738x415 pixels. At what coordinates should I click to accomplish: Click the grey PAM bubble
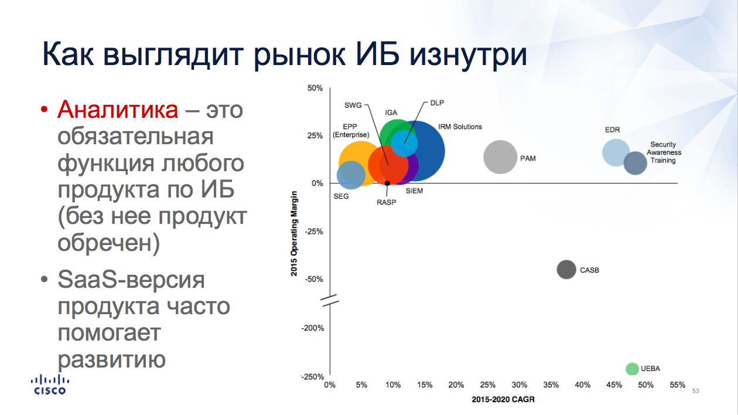pyautogui.click(x=500, y=157)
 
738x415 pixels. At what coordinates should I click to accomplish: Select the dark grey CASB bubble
pyautogui.click(x=566, y=270)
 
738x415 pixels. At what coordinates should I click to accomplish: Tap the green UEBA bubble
pyautogui.click(x=632, y=369)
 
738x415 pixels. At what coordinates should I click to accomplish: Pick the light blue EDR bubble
pyautogui.click(x=616, y=152)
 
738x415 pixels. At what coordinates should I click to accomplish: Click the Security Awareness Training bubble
pyautogui.click(x=635, y=163)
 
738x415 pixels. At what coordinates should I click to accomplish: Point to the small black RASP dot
pyautogui.click(x=388, y=183)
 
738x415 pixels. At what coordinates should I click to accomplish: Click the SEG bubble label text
pyautogui.click(x=341, y=196)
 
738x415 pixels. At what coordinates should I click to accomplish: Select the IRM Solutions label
pyautogui.click(x=460, y=127)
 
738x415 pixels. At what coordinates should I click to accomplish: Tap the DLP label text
pyautogui.click(x=437, y=103)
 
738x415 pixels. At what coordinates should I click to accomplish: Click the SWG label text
pyautogui.click(x=353, y=106)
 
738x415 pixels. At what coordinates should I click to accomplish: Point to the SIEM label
pyautogui.click(x=414, y=191)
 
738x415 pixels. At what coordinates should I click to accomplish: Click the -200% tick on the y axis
pyautogui.click(x=313, y=328)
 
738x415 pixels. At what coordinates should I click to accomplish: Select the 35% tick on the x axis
pyautogui.click(x=551, y=385)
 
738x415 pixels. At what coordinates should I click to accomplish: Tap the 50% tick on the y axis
pyautogui.click(x=315, y=88)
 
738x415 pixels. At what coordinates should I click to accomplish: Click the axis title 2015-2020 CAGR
pyautogui.click(x=503, y=400)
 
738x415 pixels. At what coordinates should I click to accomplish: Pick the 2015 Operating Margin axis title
pyautogui.click(x=294, y=233)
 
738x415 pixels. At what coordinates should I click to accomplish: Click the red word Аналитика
pyautogui.click(x=118, y=110)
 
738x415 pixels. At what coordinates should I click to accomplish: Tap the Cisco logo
pyautogui.click(x=50, y=385)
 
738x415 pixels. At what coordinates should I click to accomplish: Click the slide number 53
pyautogui.click(x=695, y=391)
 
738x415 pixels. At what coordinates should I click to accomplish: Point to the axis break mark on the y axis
pyautogui.click(x=330, y=300)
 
